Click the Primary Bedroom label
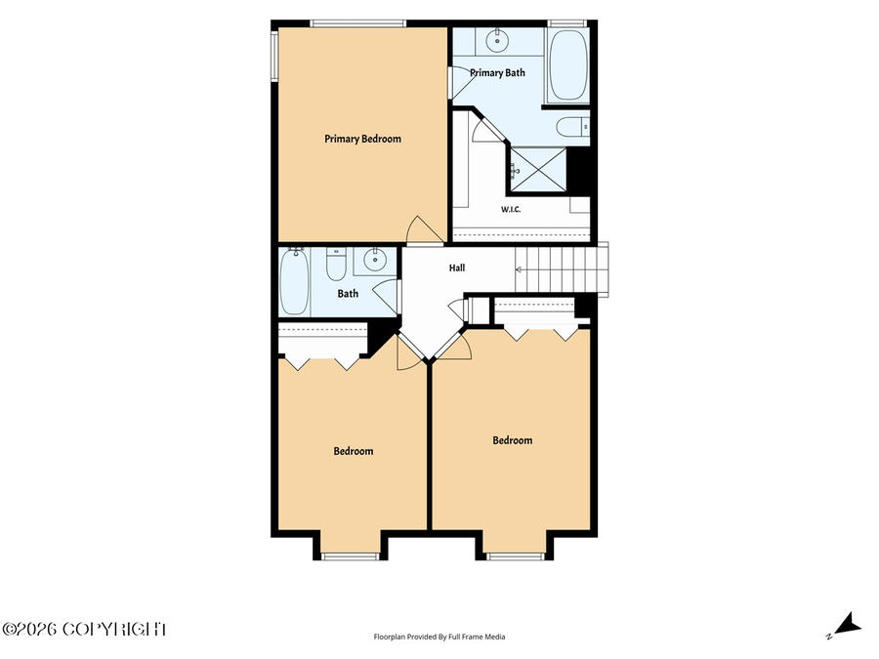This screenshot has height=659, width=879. (362, 139)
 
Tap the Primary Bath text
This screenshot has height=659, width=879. (497, 73)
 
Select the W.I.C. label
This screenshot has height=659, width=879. (511, 210)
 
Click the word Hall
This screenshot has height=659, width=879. (457, 268)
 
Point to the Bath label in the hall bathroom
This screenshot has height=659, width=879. (348, 293)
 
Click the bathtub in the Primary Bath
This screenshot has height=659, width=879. (567, 63)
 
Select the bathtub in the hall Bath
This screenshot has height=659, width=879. (294, 281)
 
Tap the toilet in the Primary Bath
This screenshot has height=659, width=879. (573, 127)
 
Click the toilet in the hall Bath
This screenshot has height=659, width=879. (336, 265)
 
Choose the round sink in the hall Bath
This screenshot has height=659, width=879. (374, 260)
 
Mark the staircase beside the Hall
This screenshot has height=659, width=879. (562, 269)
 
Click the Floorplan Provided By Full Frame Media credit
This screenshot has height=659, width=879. (439, 637)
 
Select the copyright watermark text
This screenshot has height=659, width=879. (84, 629)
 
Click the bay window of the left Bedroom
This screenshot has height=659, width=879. (351, 556)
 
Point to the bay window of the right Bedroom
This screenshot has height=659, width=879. (516, 556)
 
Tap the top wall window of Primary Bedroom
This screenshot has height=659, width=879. (357, 23)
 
